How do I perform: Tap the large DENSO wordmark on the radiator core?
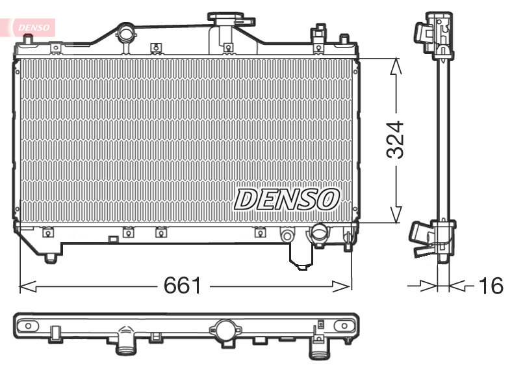[x=287, y=198]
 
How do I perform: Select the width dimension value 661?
[x=183, y=285]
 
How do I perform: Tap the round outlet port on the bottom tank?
[x=319, y=231]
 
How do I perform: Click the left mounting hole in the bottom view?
[x=27, y=323]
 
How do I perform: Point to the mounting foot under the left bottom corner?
[x=51, y=258]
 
